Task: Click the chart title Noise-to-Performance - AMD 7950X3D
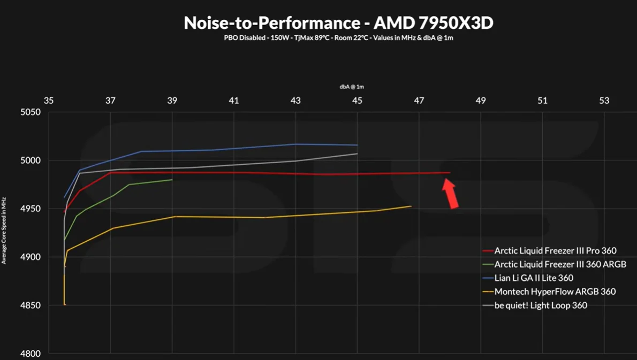click(338, 22)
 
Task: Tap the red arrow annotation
click(451, 193)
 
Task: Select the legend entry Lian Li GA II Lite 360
click(534, 278)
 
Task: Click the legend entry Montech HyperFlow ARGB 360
click(555, 292)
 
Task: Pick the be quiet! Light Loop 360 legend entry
click(541, 305)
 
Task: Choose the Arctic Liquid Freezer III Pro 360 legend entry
click(555, 250)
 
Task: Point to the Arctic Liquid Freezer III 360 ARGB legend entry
click(560, 264)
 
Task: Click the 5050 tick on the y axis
click(31, 112)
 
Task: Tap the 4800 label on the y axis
click(31, 354)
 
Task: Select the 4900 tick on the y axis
click(31, 257)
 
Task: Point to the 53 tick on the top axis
click(604, 101)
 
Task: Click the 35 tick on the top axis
click(49, 101)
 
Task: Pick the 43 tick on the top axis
click(295, 101)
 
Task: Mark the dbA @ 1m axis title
click(352, 87)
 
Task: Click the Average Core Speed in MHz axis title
click(4, 231)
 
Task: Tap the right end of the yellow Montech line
click(411, 206)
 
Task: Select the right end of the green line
click(172, 180)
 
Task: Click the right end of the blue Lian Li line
click(357, 145)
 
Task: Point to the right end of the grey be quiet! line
click(357, 154)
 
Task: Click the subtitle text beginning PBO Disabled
click(338, 38)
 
